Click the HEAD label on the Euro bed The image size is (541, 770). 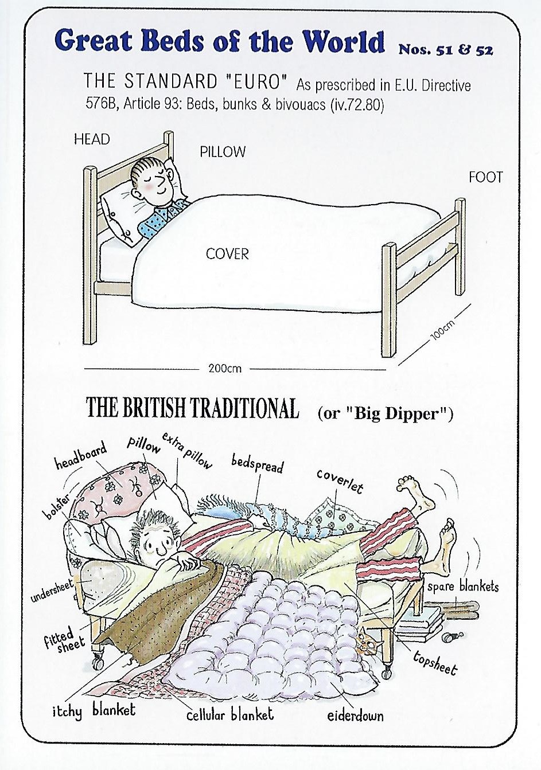pyautogui.click(x=92, y=139)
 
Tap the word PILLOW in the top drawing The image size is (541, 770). pyautogui.click(x=223, y=152)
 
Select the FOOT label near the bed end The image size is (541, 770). pyautogui.click(x=485, y=177)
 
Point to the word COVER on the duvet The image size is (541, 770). pyautogui.click(x=227, y=254)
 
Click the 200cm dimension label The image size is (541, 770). pyautogui.click(x=224, y=369)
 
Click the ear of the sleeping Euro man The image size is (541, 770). pyautogui.click(x=170, y=173)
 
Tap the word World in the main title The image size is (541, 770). pyautogui.click(x=344, y=41)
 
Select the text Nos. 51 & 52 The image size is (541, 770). pyautogui.click(x=446, y=50)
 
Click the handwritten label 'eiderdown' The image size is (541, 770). pyautogui.click(x=355, y=716)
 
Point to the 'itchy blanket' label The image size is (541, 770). pyautogui.click(x=94, y=711)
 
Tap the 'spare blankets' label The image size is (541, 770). pyautogui.click(x=463, y=587)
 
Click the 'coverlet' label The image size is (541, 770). pyautogui.click(x=340, y=482)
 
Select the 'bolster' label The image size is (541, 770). pyautogui.click(x=56, y=507)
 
